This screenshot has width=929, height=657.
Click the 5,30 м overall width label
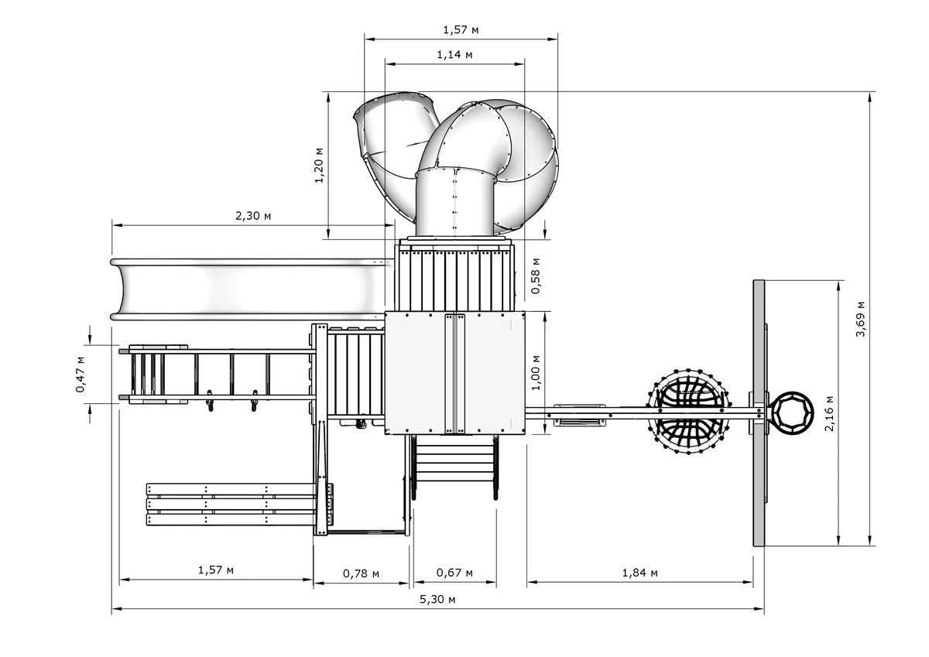pyautogui.click(x=437, y=600)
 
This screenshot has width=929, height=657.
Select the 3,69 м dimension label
pyautogui.click(x=861, y=319)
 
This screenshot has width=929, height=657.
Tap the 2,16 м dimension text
pyautogui.click(x=829, y=413)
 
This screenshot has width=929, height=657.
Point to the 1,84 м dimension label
pyautogui.click(x=639, y=573)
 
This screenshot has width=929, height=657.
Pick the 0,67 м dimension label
pyautogui.click(x=454, y=573)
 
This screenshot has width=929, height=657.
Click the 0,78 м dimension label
pyautogui.click(x=361, y=573)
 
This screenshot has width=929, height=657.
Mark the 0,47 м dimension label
pyautogui.click(x=81, y=375)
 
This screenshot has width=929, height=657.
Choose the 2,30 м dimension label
pyautogui.click(x=253, y=216)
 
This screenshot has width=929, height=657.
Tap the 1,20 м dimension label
pyautogui.click(x=319, y=165)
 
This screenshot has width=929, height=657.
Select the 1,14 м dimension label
pyautogui.click(x=454, y=55)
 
